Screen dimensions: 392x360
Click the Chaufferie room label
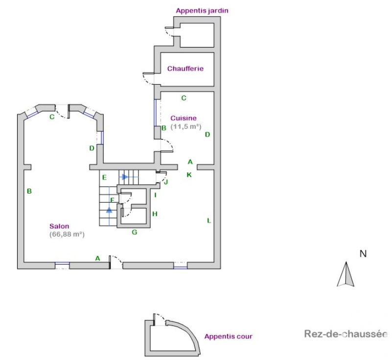(185, 69)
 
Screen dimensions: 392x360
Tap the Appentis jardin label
(202, 11)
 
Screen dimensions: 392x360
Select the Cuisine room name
(184, 118)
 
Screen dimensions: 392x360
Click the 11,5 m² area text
(186, 126)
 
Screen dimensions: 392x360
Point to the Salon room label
(59, 226)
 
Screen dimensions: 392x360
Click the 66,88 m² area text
(67, 235)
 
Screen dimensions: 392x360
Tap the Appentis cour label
(228, 336)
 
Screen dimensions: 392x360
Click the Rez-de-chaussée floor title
(346, 334)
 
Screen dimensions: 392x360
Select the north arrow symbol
(346, 274)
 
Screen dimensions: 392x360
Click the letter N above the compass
(363, 254)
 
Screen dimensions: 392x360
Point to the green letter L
(209, 221)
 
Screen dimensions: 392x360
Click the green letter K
(189, 175)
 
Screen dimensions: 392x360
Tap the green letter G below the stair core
(135, 233)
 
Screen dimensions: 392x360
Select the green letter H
(155, 214)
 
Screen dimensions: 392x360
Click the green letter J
(166, 182)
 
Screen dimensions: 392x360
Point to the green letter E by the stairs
(105, 178)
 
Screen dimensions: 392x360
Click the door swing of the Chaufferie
(148, 78)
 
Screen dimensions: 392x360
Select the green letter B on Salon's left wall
(29, 192)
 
